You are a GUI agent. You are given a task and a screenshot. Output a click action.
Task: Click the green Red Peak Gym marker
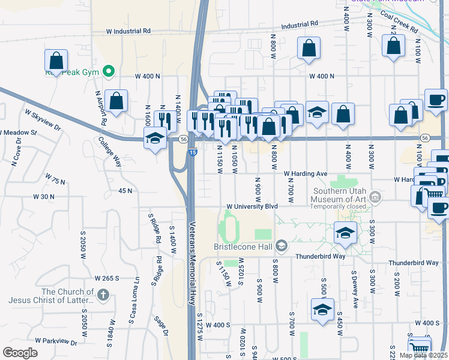[x=109, y=73]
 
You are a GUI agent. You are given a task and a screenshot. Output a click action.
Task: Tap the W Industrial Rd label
[x=128, y=31]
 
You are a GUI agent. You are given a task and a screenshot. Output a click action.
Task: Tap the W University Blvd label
[x=252, y=206]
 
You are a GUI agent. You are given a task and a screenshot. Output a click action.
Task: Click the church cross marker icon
[x=103, y=295]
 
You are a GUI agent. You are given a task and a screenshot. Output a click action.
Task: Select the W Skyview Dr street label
[x=43, y=119]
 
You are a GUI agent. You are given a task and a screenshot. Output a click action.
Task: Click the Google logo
[x=20, y=352]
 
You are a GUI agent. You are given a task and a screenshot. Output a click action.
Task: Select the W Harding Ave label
[x=306, y=174]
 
